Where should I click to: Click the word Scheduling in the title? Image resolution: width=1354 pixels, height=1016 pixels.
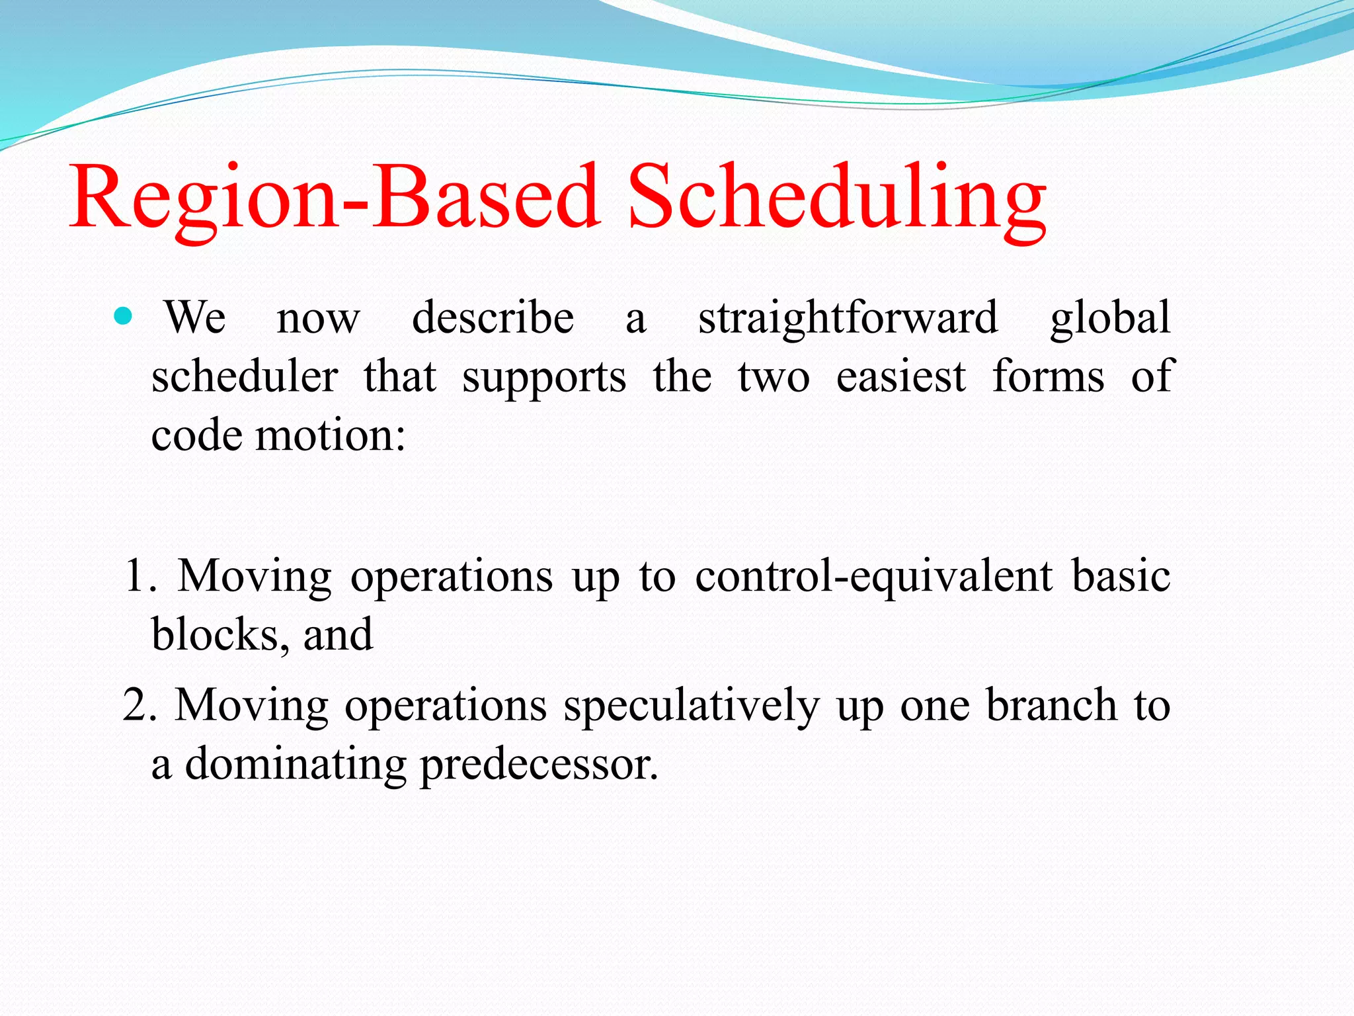[x=836, y=198]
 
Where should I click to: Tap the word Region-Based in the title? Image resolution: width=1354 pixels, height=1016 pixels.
[x=334, y=198]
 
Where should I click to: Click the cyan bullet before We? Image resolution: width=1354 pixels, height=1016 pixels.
[x=123, y=316]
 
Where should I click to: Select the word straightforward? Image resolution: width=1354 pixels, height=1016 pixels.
[x=848, y=319]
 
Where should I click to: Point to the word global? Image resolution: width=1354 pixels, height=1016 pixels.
[x=1110, y=319]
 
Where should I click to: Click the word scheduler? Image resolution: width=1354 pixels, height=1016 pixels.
[x=245, y=377]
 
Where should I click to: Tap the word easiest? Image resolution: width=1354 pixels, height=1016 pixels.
[x=900, y=377]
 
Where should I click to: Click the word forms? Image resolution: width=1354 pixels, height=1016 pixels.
[x=1048, y=377]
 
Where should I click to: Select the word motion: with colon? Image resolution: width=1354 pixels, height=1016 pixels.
[x=331, y=437]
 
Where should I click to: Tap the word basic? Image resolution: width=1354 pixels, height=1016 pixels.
[x=1121, y=575]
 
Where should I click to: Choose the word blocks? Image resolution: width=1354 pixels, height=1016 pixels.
[x=219, y=635]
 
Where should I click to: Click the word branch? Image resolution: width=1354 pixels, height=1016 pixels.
[x=1051, y=705]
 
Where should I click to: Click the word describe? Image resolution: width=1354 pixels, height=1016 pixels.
[x=493, y=317]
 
